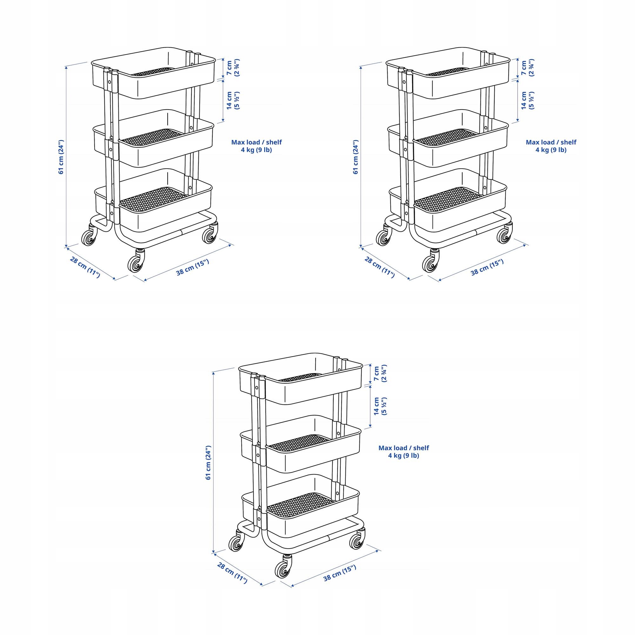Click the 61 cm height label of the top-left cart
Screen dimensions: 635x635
(x=61, y=157)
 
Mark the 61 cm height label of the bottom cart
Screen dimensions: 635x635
(x=208, y=463)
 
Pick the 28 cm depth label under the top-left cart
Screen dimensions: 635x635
(x=85, y=267)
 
